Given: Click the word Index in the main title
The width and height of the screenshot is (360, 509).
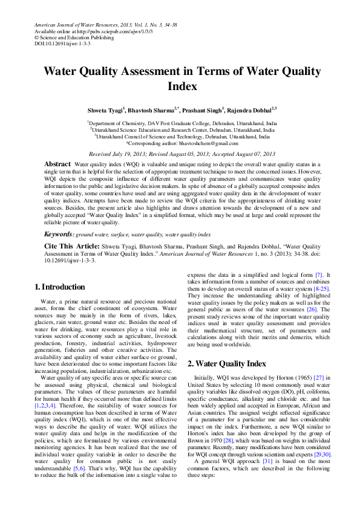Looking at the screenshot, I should pyautogui.click(x=180, y=86).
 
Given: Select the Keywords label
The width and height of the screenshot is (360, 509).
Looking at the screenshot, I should pyautogui.click(x=59, y=234).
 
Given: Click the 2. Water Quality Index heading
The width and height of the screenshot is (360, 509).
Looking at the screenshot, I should pyautogui.click(x=226, y=364).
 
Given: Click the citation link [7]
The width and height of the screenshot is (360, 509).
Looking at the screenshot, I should pyautogui.click(x=319, y=275).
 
